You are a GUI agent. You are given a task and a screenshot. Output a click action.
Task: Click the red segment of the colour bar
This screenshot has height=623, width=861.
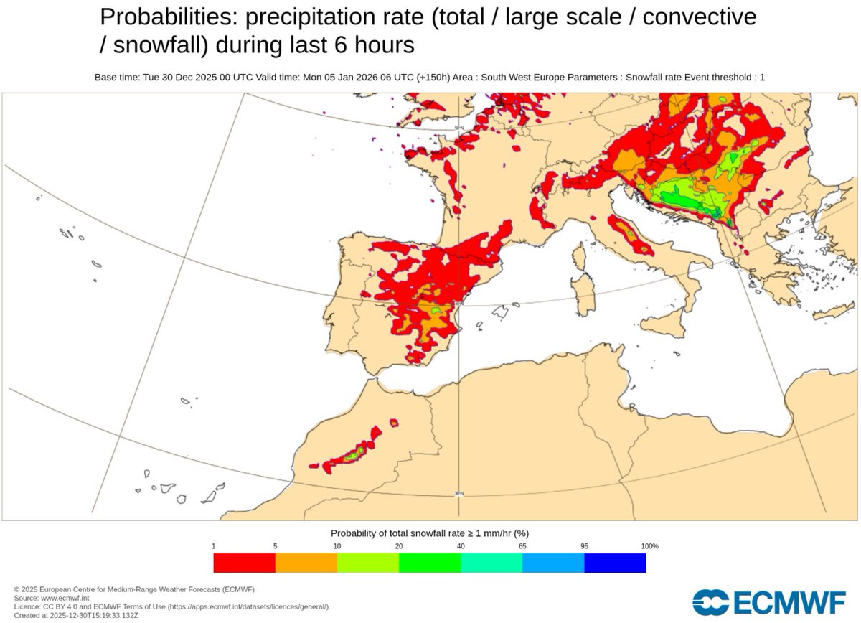click(244, 563)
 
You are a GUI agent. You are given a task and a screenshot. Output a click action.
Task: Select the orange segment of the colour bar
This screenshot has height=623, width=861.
click(306, 563)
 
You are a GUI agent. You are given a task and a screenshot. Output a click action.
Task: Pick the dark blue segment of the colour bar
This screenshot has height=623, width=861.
click(615, 563)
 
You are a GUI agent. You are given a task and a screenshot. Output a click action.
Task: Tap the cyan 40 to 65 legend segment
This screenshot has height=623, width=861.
click(491, 563)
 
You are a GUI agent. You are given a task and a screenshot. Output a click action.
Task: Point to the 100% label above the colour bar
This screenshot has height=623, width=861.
click(649, 546)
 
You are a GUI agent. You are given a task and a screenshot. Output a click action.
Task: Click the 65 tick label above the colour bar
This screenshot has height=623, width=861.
click(522, 546)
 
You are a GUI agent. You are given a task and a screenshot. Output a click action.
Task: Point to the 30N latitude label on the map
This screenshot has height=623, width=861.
click(459, 493)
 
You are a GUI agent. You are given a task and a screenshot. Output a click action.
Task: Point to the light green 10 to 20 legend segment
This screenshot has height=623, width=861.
click(368, 563)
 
